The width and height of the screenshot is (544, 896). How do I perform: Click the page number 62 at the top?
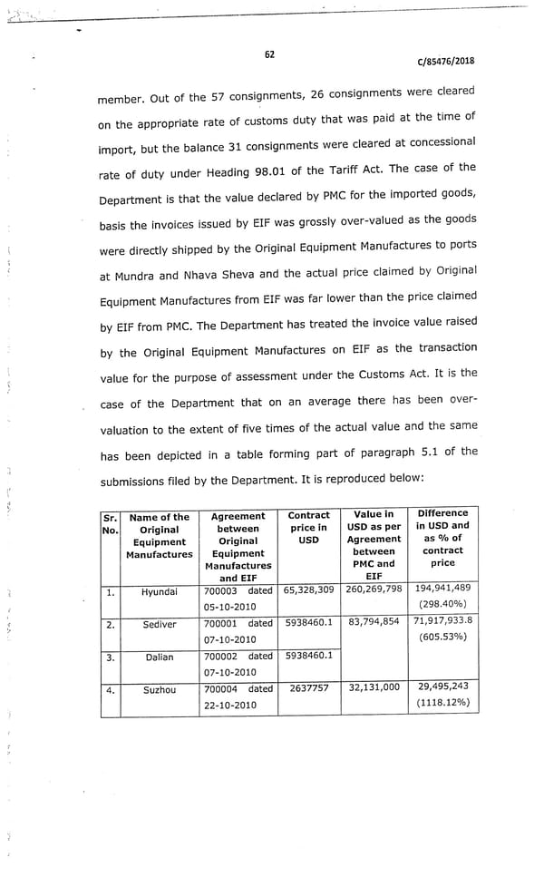point(269,54)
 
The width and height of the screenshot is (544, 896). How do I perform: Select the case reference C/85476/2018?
point(445,62)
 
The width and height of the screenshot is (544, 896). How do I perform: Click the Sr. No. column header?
point(110,523)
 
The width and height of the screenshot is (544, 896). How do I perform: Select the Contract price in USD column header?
point(308,527)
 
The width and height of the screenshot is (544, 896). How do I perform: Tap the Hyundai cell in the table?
point(160,592)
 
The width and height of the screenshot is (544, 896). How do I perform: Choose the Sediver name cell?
point(160,625)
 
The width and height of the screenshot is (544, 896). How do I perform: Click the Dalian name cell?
point(160,657)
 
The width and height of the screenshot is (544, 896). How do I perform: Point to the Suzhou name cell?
point(160,689)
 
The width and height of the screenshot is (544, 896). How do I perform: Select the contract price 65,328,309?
point(309,590)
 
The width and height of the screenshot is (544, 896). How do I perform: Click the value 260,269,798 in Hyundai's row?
point(374,590)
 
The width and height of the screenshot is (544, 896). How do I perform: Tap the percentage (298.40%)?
point(442,604)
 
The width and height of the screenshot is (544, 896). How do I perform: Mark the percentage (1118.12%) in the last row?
point(442,702)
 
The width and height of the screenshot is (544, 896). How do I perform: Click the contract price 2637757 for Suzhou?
point(309,687)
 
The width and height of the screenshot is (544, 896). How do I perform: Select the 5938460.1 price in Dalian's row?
point(309,655)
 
